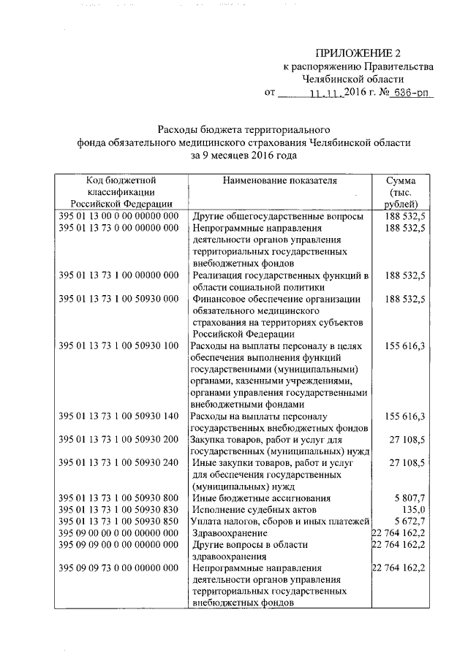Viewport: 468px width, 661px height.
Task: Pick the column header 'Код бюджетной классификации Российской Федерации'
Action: (121, 191)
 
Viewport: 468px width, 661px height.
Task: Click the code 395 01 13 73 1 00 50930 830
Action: (118, 509)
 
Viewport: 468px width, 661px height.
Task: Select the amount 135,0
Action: (414, 509)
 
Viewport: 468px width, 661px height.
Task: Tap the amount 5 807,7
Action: (409, 497)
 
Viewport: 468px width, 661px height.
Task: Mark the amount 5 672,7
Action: (409, 521)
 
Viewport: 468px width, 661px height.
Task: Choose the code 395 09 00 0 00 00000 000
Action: (118, 532)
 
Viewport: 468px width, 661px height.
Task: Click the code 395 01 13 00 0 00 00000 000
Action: (118, 216)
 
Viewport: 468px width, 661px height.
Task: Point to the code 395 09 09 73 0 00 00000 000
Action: (118, 568)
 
